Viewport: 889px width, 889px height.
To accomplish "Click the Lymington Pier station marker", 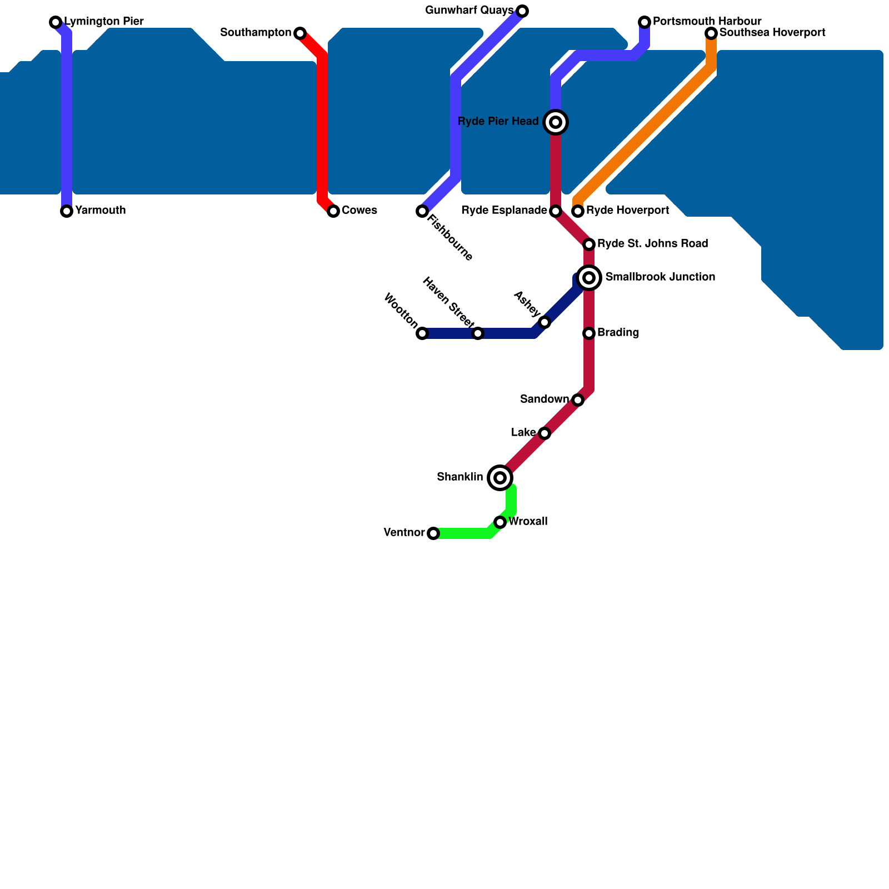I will click(x=56, y=22).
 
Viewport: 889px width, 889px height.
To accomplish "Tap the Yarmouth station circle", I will click(x=67, y=211).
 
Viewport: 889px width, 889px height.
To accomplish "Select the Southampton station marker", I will click(x=300, y=33).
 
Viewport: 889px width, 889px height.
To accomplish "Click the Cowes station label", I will click(x=359, y=211).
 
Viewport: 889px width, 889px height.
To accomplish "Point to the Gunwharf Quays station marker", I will click(x=522, y=11).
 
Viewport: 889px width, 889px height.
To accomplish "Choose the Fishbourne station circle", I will click(x=422, y=211).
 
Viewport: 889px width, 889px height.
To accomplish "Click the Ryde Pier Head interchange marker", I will click(x=556, y=122).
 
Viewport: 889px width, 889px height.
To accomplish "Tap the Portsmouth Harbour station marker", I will click(x=645, y=22).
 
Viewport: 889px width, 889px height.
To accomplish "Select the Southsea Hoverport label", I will click(x=772, y=33).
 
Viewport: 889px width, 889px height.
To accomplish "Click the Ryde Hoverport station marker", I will click(x=578, y=211).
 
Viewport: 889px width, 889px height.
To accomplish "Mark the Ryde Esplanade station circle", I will click(x=556, y=211).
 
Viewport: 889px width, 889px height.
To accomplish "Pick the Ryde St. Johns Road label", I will click(x=652, y=244).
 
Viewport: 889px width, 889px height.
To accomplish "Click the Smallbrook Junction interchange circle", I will click(x=590, y=278).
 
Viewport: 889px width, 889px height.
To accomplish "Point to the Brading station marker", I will click(x=589, y=333).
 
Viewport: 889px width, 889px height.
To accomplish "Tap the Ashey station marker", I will click(x=545, y=322).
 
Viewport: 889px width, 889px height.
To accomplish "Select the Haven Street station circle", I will click(x=478, y=333).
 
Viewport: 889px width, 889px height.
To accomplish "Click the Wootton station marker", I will click(x=422, y=333).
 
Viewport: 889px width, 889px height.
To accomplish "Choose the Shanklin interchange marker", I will click(x=500, y=478).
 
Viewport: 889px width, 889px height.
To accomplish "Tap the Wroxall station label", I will click(x=528, y=522).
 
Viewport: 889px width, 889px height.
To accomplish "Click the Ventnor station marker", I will click(x=433, y=533).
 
